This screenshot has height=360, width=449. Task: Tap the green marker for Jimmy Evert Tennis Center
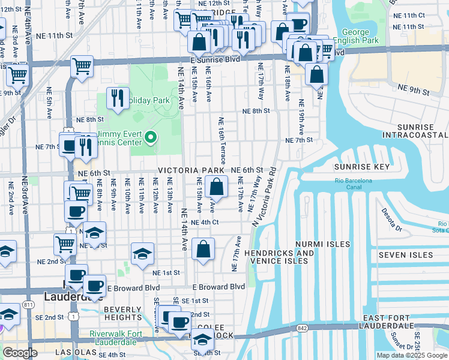pyautogui.click(x=151, y=139)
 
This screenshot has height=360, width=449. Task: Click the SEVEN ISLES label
pyautogui.click(x=405, y=255)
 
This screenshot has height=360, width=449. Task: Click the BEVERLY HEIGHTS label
pyautogui.click(x=122, y=313)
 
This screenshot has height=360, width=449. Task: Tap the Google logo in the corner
pyautogui.click(x=20, y=353)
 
